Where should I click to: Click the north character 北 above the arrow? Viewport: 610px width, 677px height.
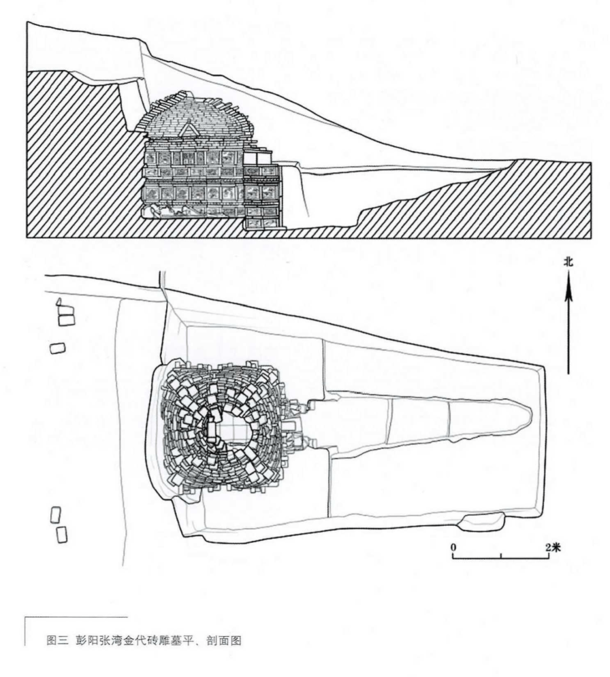pyautogui.click(x=568, y=262)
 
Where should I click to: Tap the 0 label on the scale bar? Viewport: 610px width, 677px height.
pyautogui.click(x=454, y=547)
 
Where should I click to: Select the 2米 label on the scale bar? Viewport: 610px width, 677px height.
pyautogui.click(x=553, y=547)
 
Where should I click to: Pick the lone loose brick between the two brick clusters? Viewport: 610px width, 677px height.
pyautogui.click(x=58, y=348)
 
